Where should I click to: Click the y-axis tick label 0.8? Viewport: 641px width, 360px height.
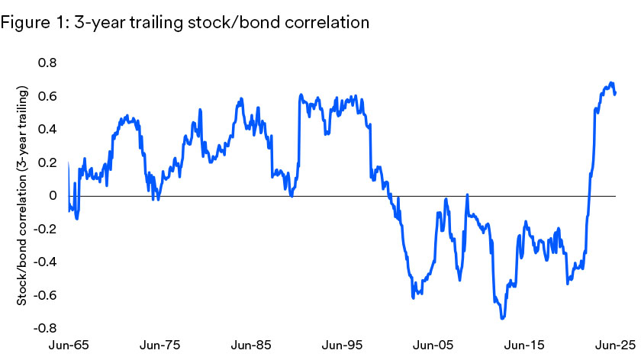coord(49,63)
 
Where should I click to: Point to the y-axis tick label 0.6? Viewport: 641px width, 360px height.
coord(49,96)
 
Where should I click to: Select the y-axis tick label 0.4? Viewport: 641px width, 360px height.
coord(49,129)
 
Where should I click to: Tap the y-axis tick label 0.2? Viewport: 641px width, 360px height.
coord(49,162)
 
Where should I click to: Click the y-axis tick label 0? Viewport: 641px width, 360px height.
coord(53,195)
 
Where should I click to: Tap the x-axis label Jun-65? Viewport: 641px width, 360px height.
coord(69,346)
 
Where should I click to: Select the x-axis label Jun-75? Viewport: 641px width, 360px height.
coord(159,346)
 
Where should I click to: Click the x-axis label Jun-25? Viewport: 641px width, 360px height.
coord(607,346)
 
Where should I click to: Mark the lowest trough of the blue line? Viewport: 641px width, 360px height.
coord(502,318)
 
